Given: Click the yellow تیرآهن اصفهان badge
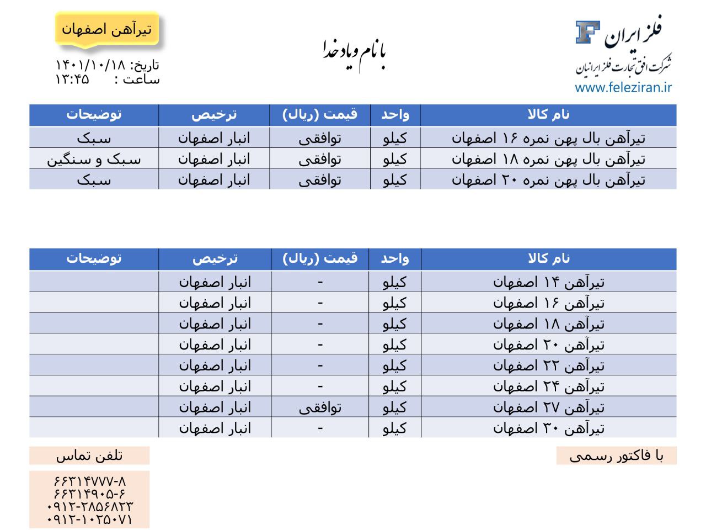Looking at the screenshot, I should pyautogui.click(x=107, y=29).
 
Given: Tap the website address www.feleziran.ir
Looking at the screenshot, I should pyautogui.click(x=623, y=87).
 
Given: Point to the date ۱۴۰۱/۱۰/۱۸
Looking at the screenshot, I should pyautogui.click(x=91, y=65).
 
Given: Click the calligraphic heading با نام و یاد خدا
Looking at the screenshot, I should pyautogui.click(x=354, y=52).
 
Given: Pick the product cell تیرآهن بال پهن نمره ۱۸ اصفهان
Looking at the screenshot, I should pyautogui.click(x=548, y=159).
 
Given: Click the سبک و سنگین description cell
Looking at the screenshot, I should pyautogui.click(x=94, y=159).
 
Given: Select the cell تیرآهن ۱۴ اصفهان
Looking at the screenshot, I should pyautogui.click(x=548, y=282).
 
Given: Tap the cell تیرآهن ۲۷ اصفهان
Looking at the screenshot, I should pyautogui.click(x=548, y=407).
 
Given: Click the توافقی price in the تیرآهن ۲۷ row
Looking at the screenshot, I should pyautogui.click(x=320, y=407).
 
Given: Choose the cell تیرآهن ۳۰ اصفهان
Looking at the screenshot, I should pyautogui.click(x=548, y=428).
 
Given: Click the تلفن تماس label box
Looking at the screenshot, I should pyautogui.click(x=89, y=455).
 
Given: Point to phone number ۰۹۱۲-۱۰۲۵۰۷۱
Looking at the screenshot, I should pyautogui.click(x=90, y=520).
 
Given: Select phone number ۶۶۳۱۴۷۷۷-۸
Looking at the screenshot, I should pyautogui.click(x=90, y=480).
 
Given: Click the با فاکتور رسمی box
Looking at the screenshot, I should pyautogui.click(x=616, y=455).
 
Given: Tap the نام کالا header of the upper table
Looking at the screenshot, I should pyautogui.click(x=548, y=115).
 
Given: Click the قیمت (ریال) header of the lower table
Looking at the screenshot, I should pyautogui.click(x=320, y=258).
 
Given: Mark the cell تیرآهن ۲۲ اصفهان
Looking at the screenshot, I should pyautogui.click(x=548, y=365).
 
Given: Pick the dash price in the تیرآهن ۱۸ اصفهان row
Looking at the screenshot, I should pyautogui.click(x=320, y=324).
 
